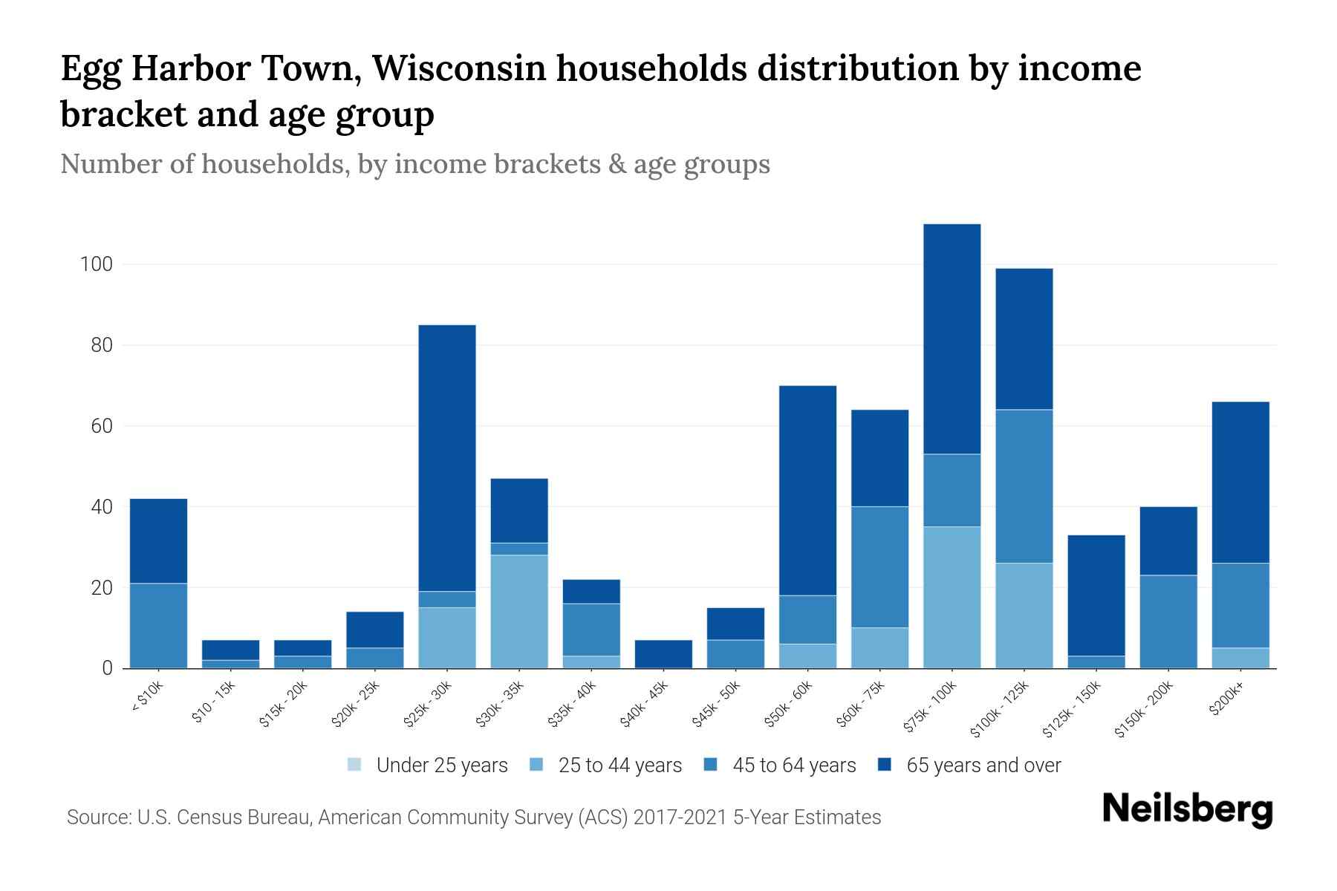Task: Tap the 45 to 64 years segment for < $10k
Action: (x=158, y=625)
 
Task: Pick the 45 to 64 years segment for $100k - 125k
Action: (x=1024, y=486)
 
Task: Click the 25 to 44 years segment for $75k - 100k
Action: (x=951, y=597)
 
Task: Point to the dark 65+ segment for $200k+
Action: (x=1240, y=482)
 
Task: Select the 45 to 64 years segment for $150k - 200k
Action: (x=1168, y=621)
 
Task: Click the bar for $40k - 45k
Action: (x=663, y=653)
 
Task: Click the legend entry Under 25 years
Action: (x=428, y=766)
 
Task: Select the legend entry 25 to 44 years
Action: (x=606, y=766)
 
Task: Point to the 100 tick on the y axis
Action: (x=97, y=264)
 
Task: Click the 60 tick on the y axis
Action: (x=101, y=426)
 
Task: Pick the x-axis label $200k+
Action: (x=1227, y=700)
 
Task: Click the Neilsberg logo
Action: (x=1187, y=809)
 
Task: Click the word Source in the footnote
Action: (x=97, y=817)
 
